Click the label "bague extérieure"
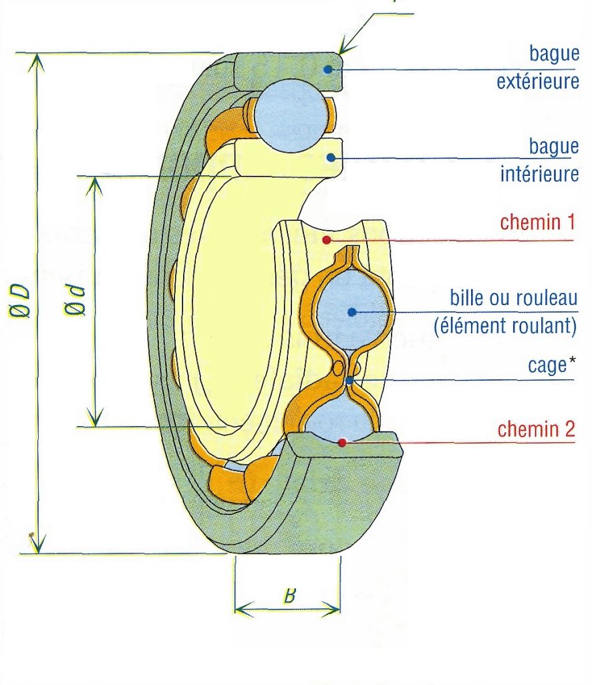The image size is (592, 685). pos(537,68)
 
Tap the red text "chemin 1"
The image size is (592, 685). pos(536,222)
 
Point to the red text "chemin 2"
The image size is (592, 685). pos(536,429)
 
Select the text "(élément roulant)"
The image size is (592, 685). pos(505,326)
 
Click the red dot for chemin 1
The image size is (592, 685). pos(325,239)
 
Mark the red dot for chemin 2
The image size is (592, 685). pos(342,442)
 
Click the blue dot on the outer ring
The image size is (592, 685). pos(327,69)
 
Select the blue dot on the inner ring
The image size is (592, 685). pos(329,157)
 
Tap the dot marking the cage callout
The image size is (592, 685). pos(350,381)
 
